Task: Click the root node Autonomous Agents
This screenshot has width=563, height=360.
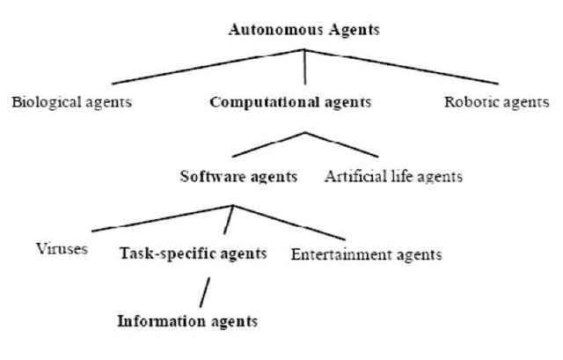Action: point(303,29)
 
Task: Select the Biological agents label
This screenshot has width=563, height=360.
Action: point(71,102)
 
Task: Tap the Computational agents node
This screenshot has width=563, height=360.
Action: point(290,102)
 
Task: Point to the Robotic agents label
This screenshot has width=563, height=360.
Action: point(498,102)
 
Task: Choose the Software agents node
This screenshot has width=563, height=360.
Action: point(238,176)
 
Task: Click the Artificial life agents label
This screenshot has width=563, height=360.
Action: point(392,176)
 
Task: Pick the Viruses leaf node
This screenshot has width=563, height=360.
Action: point(62,248)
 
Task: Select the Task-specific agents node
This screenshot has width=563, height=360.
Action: point(193,254)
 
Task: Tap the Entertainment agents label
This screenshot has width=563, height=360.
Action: point(366,255)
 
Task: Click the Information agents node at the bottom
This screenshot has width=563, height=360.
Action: point(187,320)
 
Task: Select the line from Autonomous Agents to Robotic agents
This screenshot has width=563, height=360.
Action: point(396,66)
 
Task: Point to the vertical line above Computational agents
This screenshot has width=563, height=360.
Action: point(304,66)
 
